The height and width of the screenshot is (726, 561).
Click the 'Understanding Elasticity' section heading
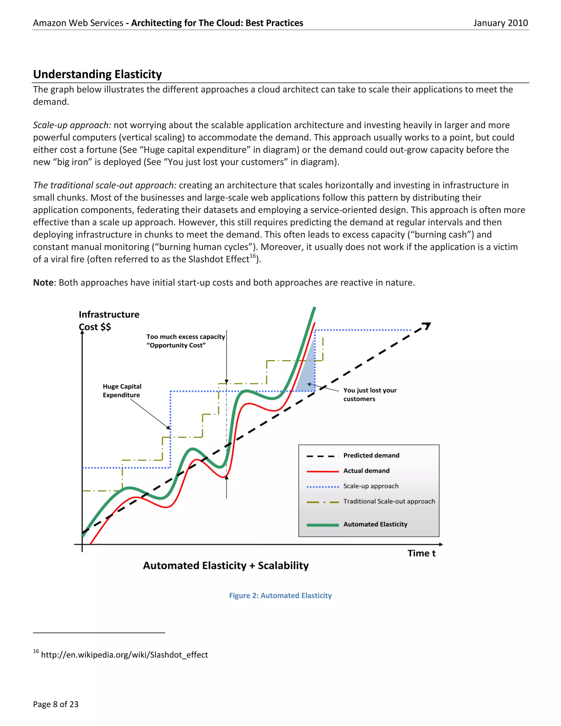[x=97, y=74]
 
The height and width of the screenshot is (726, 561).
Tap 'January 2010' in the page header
[x=500, y=23]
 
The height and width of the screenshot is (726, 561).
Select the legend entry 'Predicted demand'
[x=371, y=455]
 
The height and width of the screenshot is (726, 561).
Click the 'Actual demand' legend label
[x=366, y=471]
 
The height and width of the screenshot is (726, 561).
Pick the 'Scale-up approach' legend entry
[x=371, y=486]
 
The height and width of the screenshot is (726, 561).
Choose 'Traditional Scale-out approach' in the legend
[x=389, y=501]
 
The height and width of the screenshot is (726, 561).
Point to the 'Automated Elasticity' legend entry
[x=375, y=524]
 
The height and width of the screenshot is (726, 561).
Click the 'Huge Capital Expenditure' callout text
[x=122, y=391]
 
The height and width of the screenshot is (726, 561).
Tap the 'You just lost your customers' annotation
[x=370, y=394]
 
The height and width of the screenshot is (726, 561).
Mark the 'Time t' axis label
[x=421, y=553]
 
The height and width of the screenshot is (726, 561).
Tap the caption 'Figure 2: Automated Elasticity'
[x=280, y=595]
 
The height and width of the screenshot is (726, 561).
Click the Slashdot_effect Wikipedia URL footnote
[x=124, y=654]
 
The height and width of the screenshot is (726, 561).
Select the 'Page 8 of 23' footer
[x=56, y=704]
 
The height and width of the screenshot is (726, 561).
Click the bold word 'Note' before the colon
[x=43, y=282]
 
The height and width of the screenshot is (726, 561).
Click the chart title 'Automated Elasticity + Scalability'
[x=226, y=565]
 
